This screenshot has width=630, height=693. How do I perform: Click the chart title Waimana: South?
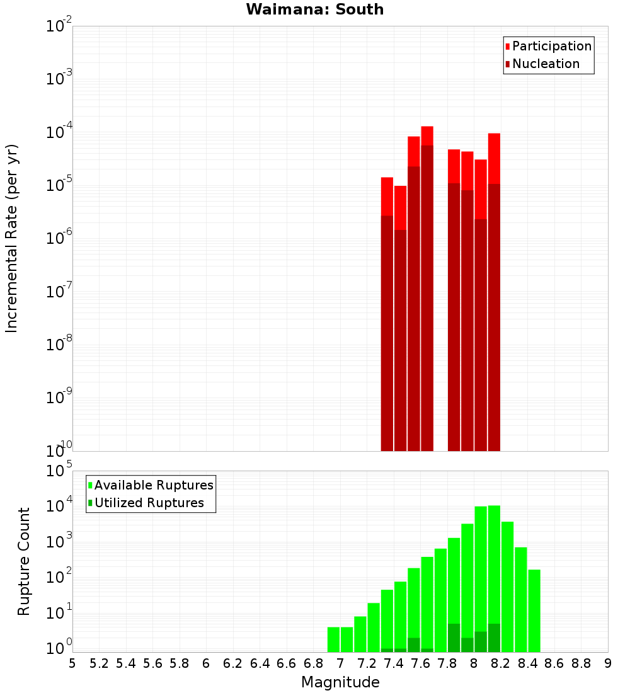(314, 9)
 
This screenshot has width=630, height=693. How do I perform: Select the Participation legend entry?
(552, 46)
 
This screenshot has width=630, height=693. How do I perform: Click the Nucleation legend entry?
(546, 64)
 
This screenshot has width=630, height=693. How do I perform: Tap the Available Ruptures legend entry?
(154, 485)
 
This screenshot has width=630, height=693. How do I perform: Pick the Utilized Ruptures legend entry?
(149, 503)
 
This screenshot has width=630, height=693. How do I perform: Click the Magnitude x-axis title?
(340, 682)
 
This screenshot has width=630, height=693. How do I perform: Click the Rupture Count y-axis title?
(24, 561)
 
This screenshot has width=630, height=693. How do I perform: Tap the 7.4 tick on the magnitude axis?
(394, 663)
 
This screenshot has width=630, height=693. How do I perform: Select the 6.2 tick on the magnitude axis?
(233, 663)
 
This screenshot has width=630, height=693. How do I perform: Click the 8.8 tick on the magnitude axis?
(581, 663)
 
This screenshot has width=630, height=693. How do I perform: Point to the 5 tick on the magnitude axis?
(72, 663)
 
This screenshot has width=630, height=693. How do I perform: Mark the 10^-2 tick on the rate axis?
(59, 26)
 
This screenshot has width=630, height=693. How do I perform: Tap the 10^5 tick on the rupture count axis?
(59, 471)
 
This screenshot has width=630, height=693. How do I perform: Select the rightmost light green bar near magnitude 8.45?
(534, 610)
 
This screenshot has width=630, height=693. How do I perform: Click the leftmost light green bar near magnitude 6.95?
(333, 639)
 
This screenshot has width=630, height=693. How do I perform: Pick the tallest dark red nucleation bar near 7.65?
(427, 296)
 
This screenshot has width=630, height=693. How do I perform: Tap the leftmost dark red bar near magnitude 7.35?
(387, 334)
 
